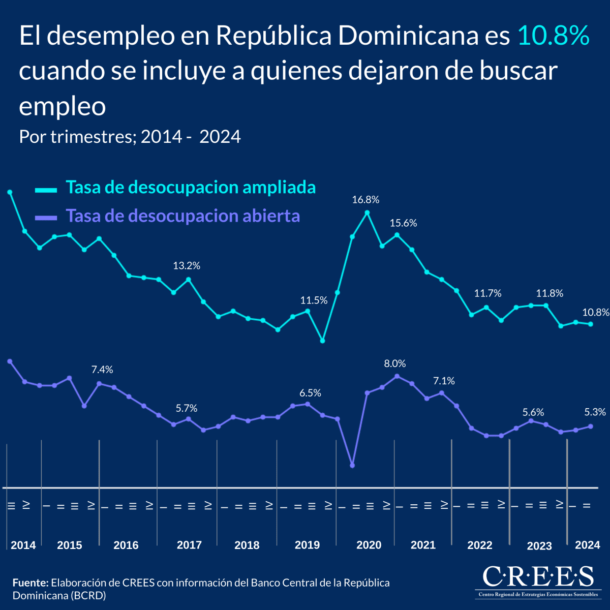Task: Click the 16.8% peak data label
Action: [365, 200]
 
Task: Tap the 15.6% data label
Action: [403, 223]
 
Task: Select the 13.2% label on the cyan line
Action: [187, 265]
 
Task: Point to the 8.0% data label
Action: [395, 363]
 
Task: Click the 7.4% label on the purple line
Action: [102, 370]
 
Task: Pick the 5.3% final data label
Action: [595, 412]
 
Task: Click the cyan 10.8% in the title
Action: [553, 37]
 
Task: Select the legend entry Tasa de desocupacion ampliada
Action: [191, 187]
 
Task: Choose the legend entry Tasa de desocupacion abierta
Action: [182, 216]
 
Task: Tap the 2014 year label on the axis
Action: [23, 545]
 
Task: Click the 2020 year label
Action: [369, 545]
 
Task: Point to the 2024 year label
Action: [587, 545]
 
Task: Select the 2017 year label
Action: [189, 545]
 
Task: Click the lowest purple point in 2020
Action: [352, 465]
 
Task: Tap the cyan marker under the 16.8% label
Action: [367, 212]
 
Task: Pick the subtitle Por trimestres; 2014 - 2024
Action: [130, 137]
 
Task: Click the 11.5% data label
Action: [314, 300]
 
